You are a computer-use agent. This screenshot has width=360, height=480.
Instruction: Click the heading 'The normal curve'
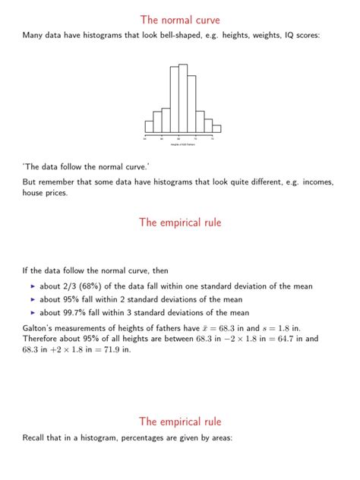[180, 19]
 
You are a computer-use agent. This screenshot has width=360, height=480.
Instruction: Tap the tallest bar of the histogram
[182, 99]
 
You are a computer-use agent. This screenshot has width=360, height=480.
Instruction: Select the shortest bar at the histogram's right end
[216, 128]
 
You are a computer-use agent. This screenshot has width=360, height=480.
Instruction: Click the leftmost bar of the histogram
[149, 127]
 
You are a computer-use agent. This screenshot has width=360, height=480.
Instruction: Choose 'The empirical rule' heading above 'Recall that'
[180, 422]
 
